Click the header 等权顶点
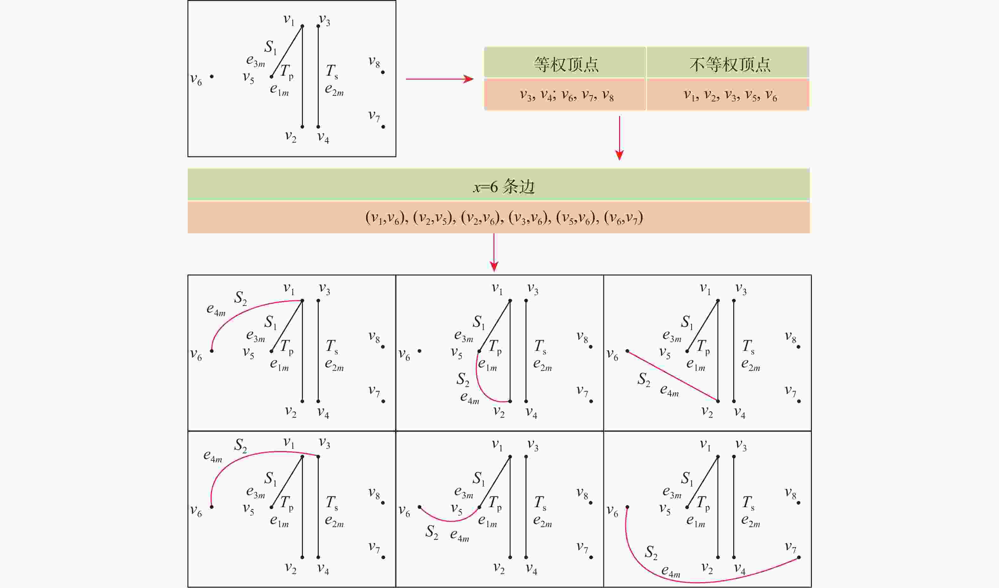click(x=566, y=64)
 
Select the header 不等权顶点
click(x=729, y=64)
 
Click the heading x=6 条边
click(x=504, y=186)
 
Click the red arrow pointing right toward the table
click(x=439, y=79)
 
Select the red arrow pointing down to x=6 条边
click(x=619, y=138)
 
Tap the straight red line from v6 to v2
click(x=672, y=376)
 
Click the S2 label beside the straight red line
click(x=643, y=380)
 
